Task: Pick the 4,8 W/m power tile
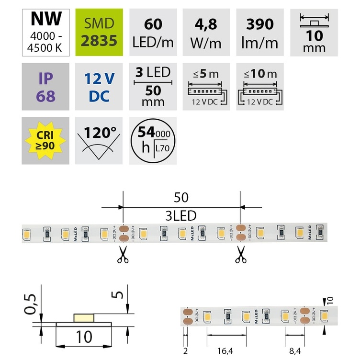point(206,33)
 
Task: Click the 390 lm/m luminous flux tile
point(260,33)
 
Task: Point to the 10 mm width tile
point(314,33)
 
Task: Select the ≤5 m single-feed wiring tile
point(206,87)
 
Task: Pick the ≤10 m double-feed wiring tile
point(260,87)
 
